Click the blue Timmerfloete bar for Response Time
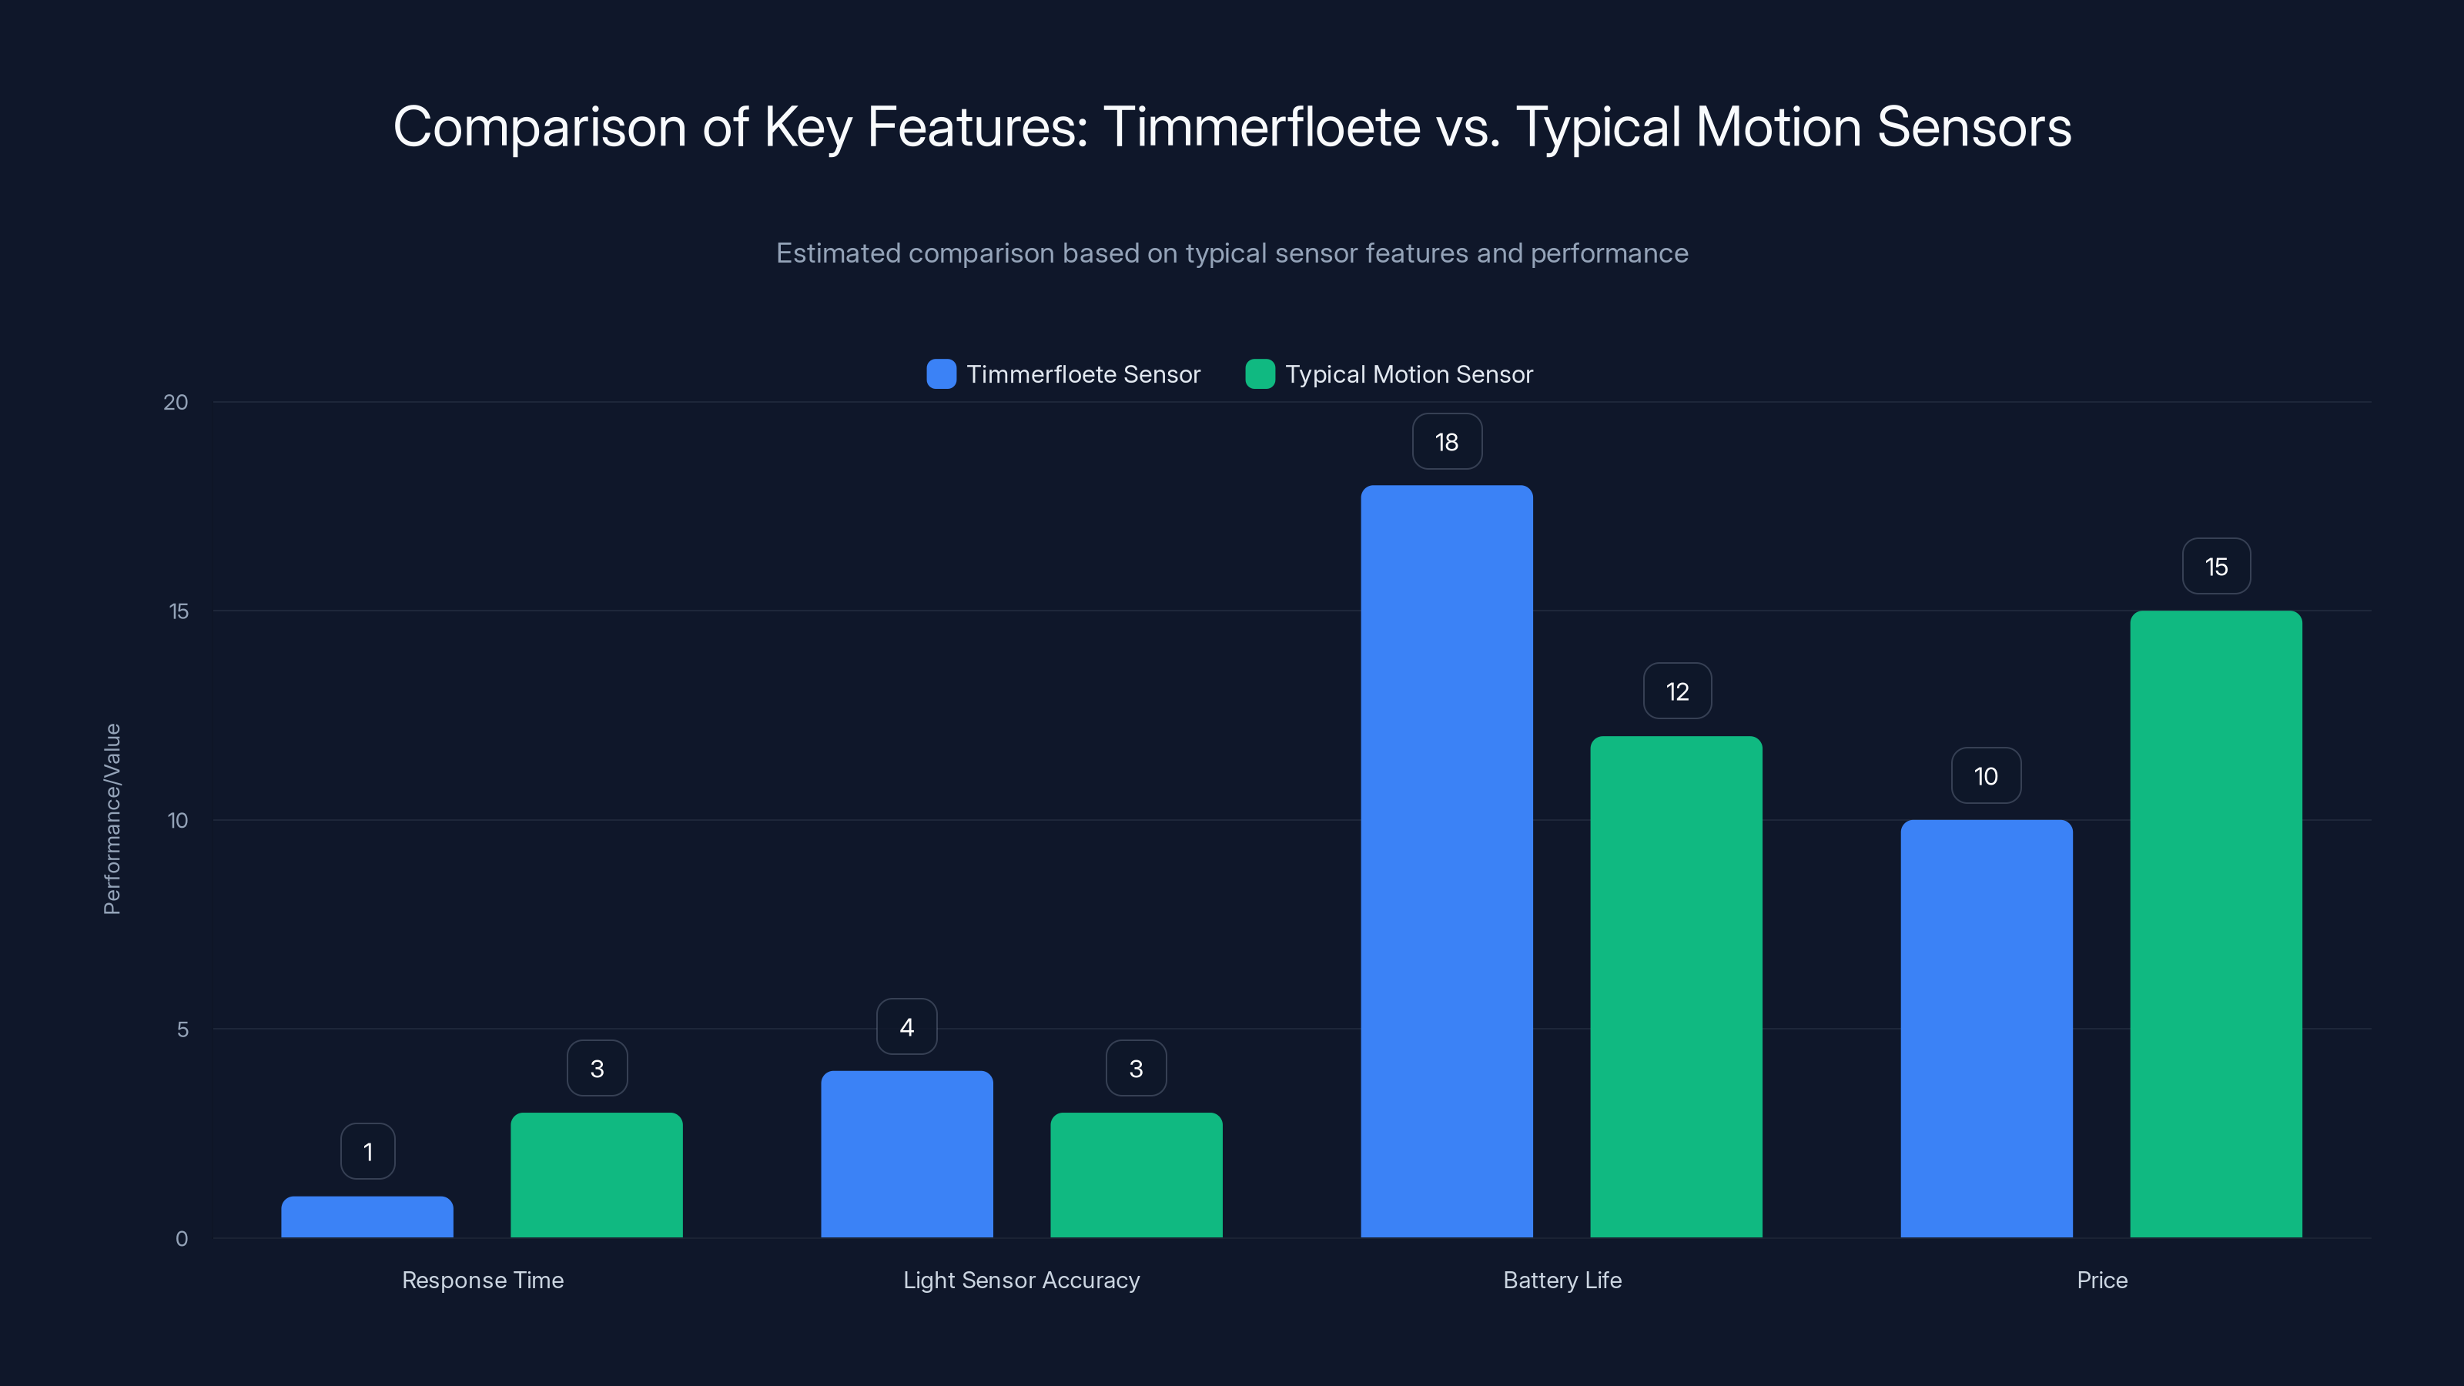[367, 1217]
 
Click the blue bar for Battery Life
[1446, 861]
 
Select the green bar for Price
[2215, 924]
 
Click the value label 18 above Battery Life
[1446, 442]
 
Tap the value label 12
[1677, 691]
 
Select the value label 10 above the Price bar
[1986, 775]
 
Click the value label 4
[907, 1027]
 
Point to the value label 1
[367, 1152]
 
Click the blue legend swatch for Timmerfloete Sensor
[941, 374]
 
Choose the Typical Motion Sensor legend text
[1408, 374]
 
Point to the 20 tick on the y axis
[176, 403]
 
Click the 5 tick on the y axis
[182, 1030]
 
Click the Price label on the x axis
[2101, 1280]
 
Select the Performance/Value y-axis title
[112, 819]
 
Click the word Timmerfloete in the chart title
[1260, 127]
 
